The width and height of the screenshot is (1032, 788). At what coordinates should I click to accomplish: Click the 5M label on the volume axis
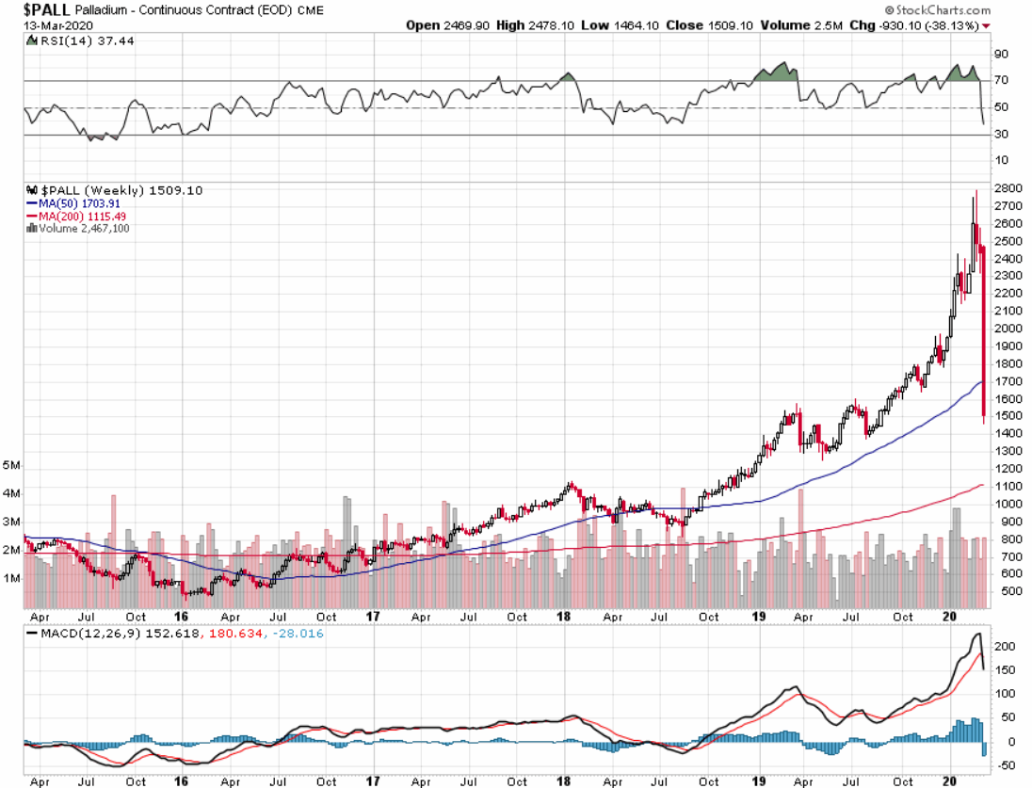11,466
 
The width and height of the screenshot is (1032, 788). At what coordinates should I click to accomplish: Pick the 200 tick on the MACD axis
1004,648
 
